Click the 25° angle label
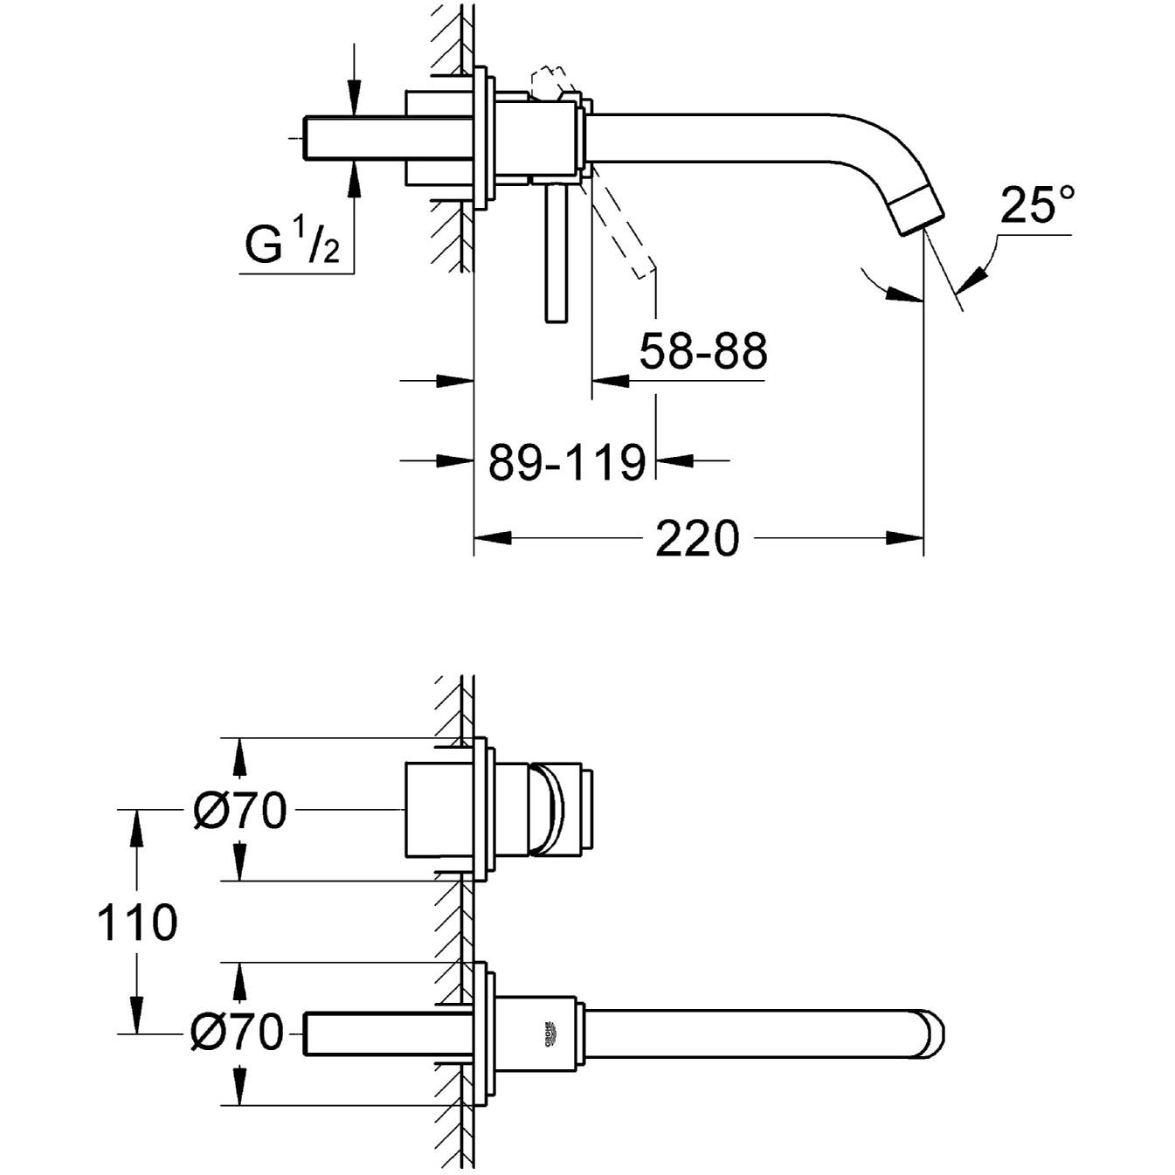(x=1037, y=204)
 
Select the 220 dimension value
(x=696, y=538)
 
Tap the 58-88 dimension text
(x=702, y=351)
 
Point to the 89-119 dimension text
(x=566, y=461)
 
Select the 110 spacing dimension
(x=136, y=923)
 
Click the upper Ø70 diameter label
(x=239, y=811)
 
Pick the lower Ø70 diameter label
(x=238, y=1033)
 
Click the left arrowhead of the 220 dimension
(x=491, y=538)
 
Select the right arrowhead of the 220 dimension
(x=905, y=538)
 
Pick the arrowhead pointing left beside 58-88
(x=610, y=380)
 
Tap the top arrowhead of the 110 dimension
(x=136, y=826)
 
